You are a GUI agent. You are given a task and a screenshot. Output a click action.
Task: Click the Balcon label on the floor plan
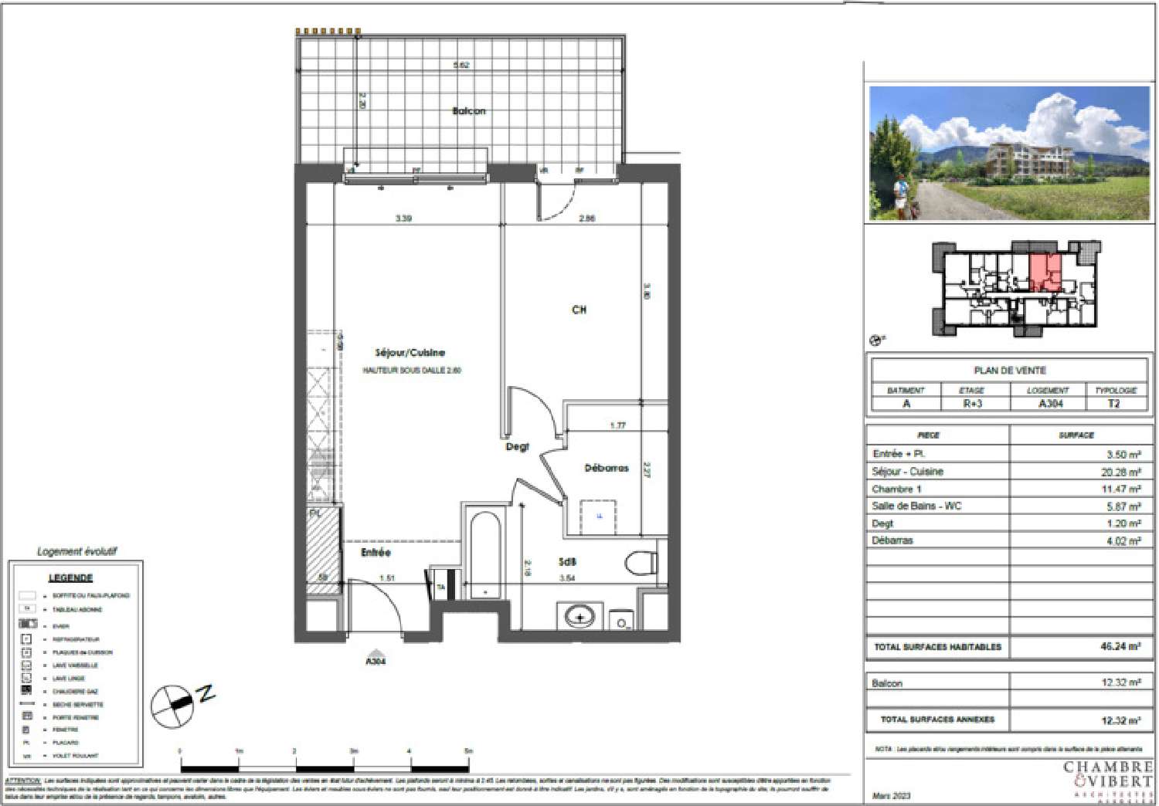pos(468,111)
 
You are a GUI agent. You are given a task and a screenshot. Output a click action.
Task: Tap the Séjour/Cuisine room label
pos(410,353)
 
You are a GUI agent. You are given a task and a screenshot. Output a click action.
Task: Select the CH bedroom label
pos(579,310)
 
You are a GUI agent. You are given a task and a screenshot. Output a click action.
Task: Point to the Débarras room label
pos(606,468)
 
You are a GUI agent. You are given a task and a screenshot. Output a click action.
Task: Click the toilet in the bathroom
pos(639,562)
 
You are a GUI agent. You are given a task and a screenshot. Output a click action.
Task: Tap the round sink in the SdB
pos(579,617)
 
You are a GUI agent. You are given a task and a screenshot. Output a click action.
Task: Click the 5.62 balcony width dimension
pos(461,66)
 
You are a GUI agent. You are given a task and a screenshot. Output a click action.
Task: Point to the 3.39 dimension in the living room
pos(403,218)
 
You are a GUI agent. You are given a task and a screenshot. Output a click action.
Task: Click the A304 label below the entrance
pos(375,661)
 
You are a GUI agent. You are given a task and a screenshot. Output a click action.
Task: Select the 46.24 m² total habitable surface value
pos(1120,647)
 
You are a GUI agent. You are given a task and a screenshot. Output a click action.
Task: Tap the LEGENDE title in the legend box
pos(70,577)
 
